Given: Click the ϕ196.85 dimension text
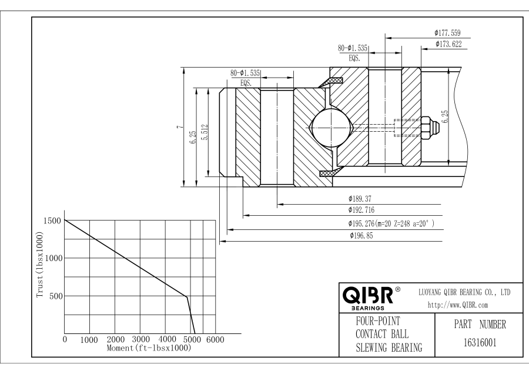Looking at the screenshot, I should coord(361,236).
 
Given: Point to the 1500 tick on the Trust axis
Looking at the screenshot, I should coord(52,221).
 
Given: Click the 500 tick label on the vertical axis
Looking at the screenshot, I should coord(55,296).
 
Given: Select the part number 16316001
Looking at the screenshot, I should coord(471,341).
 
